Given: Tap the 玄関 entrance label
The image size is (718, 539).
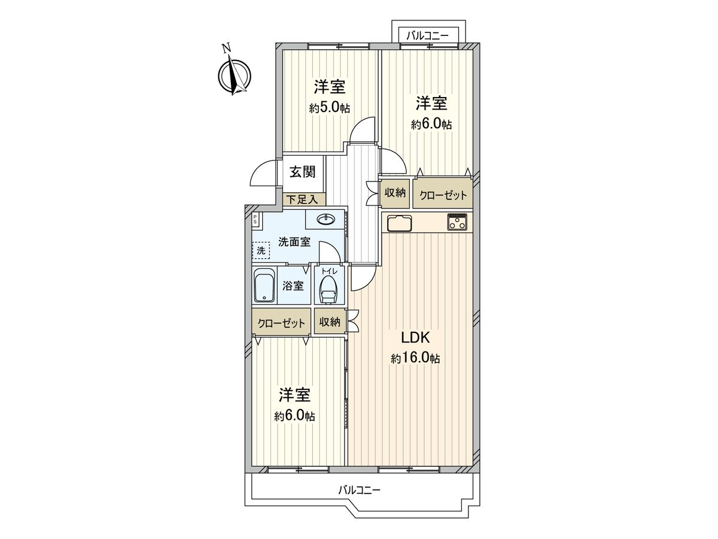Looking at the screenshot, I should pyautogui.click(x=303, y=172).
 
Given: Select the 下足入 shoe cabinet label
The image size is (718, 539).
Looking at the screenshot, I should pyautogui.click(x=303, y=199).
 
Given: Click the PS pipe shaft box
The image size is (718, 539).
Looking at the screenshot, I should pyautogui.click(x=255, y=219).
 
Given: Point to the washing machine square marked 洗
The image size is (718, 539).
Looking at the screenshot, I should pyautogui.click(x=260, y=250).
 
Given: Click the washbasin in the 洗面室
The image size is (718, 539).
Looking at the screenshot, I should pyautogui.click(x=326, y=220).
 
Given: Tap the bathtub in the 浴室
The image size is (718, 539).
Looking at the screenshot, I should pyautogui.click(x=263, y=286).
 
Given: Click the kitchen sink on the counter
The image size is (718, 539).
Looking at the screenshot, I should pyautogui.click(x=399, y=223).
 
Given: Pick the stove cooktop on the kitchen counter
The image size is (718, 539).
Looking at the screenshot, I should pyautogui.click(x=458, y=222).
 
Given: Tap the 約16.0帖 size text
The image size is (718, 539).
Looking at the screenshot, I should pyautogui.click(x=415, y=359).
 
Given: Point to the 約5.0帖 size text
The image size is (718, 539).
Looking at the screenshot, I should pyautogui.click(x=330, y=108).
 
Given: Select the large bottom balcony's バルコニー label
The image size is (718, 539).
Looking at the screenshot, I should pyautogui.click(x=359, y=489).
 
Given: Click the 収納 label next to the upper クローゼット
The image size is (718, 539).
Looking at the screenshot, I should pyautogui.click(x=395, y=193).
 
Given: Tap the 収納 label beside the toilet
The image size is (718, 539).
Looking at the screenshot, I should pyautogui.click(x=329, y=322).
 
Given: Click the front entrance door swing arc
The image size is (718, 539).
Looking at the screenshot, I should pyautogui.click(x=261, y=174).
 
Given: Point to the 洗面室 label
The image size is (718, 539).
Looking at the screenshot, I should pyautogui.click(x=294, y=242).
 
